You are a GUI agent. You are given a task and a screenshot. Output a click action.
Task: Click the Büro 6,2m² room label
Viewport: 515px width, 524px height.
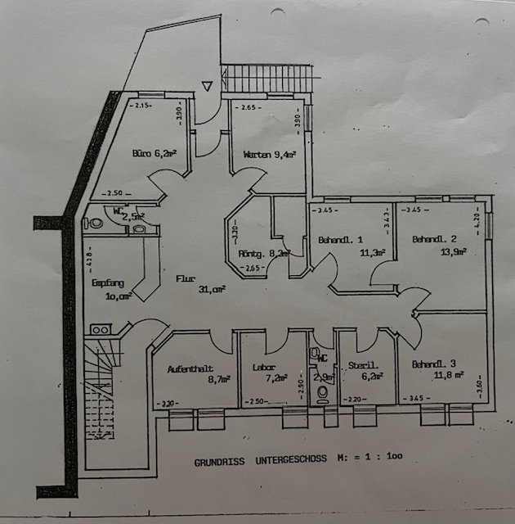point(154,152)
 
